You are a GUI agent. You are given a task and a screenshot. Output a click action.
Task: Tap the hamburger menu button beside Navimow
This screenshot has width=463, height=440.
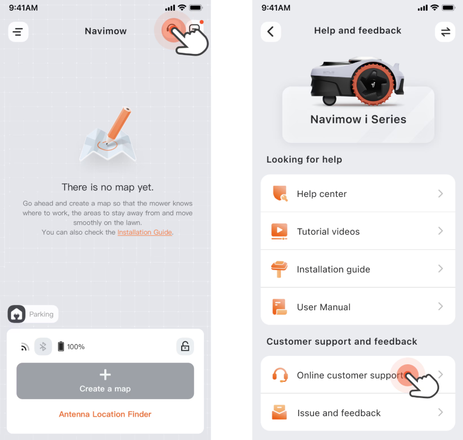click(x=18, y=32)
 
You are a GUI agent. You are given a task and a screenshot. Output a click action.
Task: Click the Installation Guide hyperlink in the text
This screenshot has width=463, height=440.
click(x=145, y=232)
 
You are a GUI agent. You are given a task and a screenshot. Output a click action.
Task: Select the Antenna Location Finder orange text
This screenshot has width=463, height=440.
click(x=105, y=414)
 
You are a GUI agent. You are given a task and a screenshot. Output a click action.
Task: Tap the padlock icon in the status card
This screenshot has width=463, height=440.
click(x=185, y=346)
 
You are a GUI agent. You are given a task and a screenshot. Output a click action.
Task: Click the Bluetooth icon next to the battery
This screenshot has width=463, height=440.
click(x=43, y=346)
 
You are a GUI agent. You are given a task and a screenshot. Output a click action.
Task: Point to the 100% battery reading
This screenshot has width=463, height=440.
click(x=76, y=347)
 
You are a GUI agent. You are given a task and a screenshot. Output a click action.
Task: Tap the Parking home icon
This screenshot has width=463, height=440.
click(x=16, y=314)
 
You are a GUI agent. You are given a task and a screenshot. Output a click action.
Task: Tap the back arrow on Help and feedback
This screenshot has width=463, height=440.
click(x=271, y=32)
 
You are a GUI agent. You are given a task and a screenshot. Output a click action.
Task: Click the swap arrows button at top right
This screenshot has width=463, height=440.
click(x=446, y=32)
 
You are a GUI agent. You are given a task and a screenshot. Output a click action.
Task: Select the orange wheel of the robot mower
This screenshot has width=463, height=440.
click(x=373, y=84)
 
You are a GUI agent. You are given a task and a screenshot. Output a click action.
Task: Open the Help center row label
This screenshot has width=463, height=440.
click(x=322, y=194)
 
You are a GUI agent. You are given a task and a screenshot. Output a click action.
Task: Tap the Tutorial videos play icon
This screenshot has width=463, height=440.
click(x=279, y=231)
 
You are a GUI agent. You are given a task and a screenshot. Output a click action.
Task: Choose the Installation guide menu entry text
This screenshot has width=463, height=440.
click(x=333, y=270)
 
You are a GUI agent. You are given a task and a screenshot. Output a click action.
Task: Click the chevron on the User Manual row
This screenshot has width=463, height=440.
click(x=441, y=307)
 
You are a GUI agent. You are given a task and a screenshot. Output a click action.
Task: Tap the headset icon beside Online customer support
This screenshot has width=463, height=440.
click(x=280, y=375)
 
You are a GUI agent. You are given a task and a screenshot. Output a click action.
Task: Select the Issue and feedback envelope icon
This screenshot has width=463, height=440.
click(x=279, y=412)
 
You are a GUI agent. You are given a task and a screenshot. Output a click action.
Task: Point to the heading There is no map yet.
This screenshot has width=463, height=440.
click(x=108, y=187)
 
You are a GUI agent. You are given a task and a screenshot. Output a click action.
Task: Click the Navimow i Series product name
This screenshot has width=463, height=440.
click(x=358, y=120)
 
